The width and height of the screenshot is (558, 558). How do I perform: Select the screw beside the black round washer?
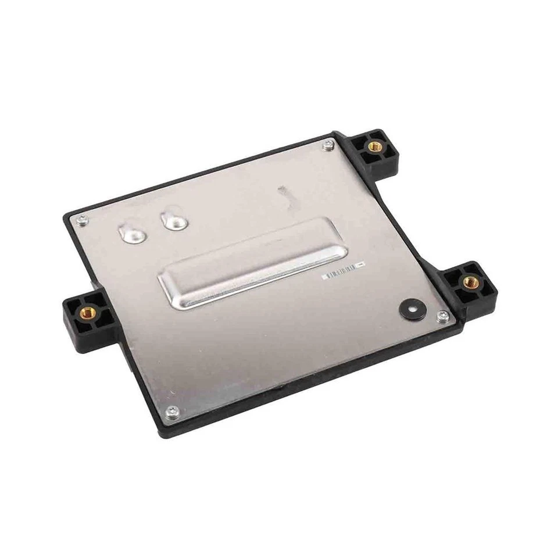coord(443,316)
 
